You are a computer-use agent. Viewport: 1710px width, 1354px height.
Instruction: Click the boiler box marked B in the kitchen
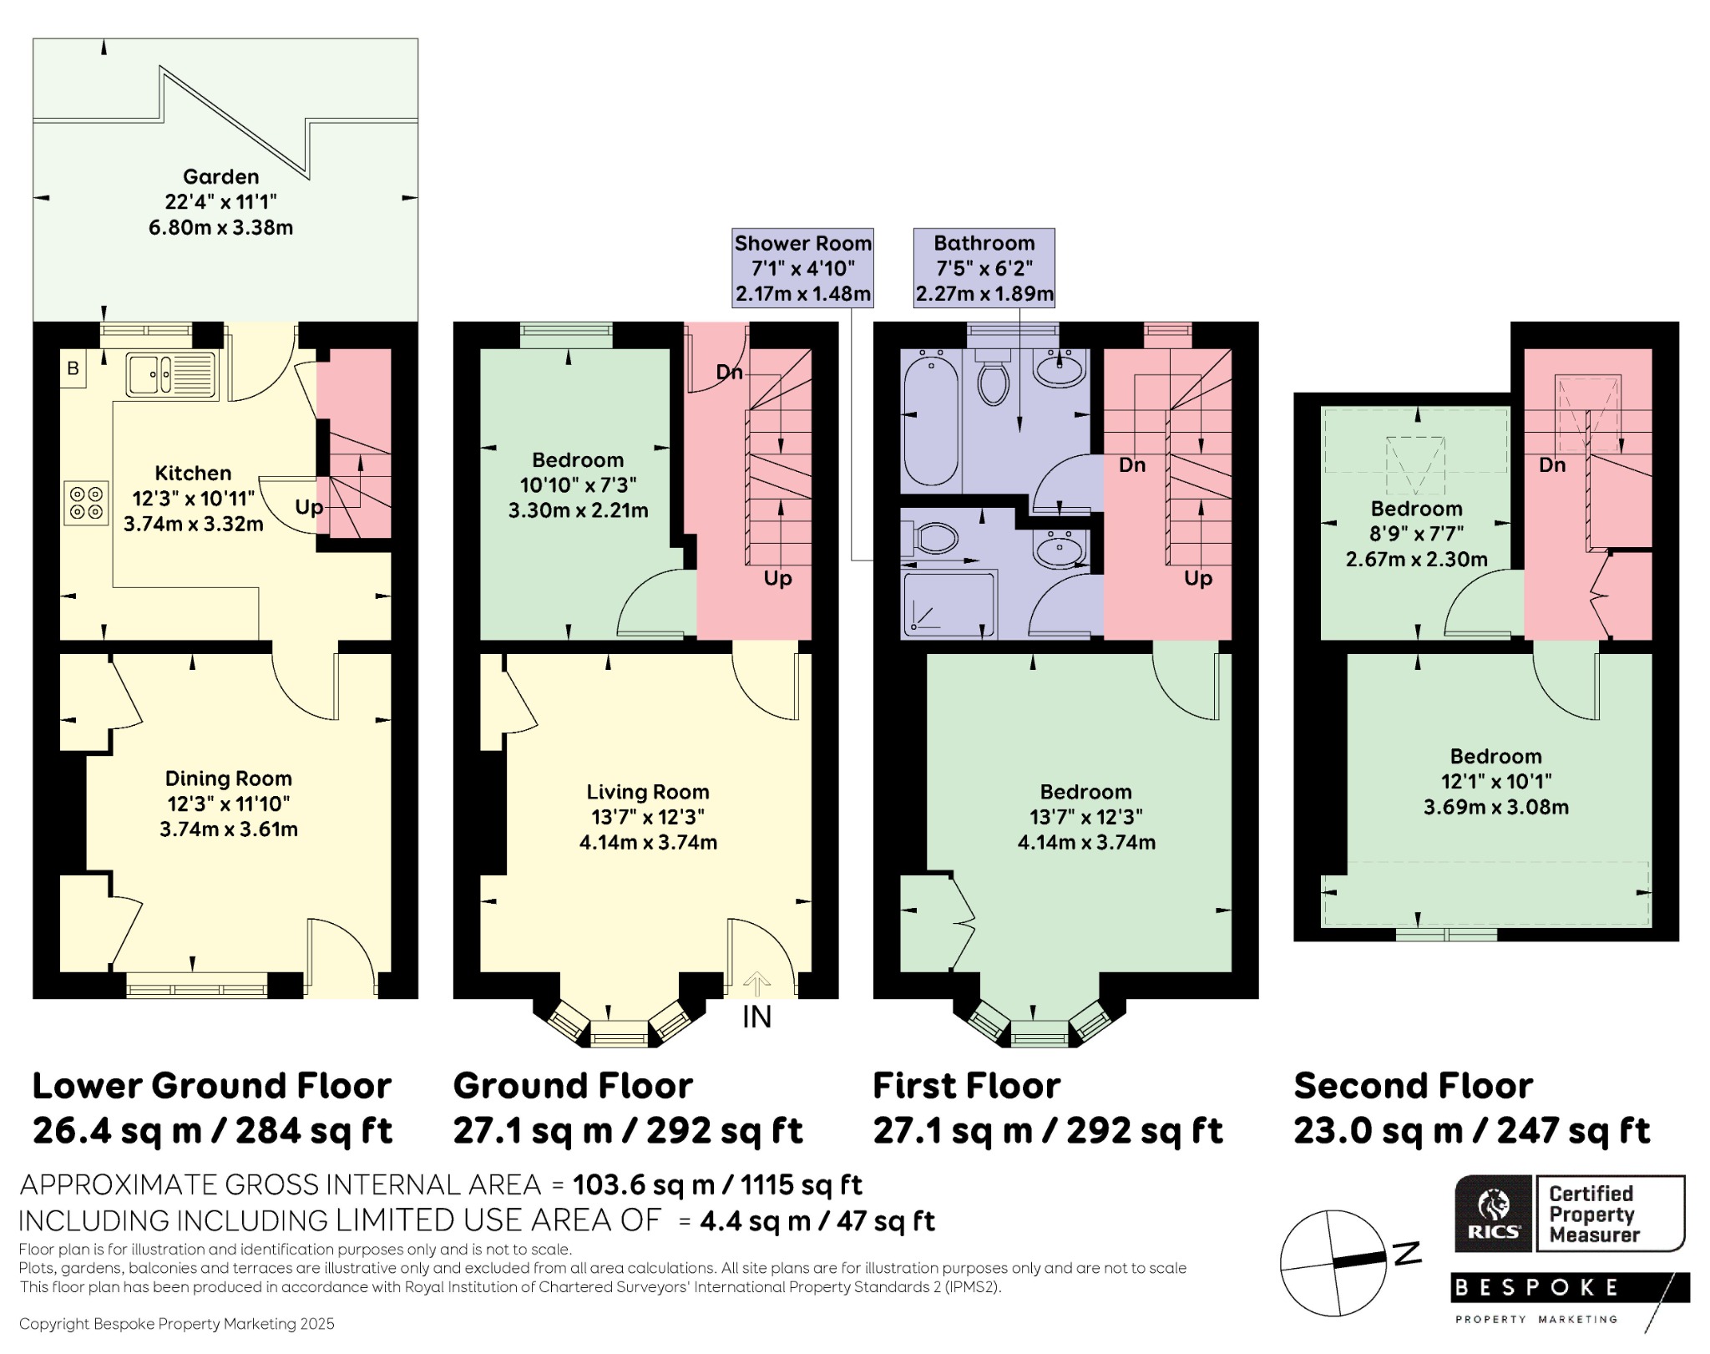pos(73,368)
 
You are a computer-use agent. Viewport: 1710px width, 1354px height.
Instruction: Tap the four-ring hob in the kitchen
pos(87,503)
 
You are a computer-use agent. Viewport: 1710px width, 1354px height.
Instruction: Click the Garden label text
pos(221,176)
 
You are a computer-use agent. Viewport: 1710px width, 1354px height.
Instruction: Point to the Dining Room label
pos(229,778)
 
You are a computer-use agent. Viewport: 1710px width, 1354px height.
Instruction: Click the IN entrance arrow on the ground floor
pos(756,985)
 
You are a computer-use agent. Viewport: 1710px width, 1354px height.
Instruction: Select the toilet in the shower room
pos(932,538)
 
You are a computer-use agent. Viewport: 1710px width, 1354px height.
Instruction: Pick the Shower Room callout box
pos(802,268)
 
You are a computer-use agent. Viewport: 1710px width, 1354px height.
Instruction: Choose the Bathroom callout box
pos(984,268)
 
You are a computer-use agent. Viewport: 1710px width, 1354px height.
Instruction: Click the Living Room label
pos(648,792)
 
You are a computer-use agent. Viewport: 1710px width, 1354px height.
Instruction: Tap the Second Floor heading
pos(1413,1086)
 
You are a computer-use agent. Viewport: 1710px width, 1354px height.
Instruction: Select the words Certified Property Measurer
pos(1594,1214)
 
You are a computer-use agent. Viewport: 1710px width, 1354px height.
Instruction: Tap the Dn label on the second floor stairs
pos(1552,464)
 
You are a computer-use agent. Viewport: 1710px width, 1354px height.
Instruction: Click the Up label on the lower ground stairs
pos(309,508)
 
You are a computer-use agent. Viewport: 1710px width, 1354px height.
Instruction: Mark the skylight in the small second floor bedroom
pos(1415,464)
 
